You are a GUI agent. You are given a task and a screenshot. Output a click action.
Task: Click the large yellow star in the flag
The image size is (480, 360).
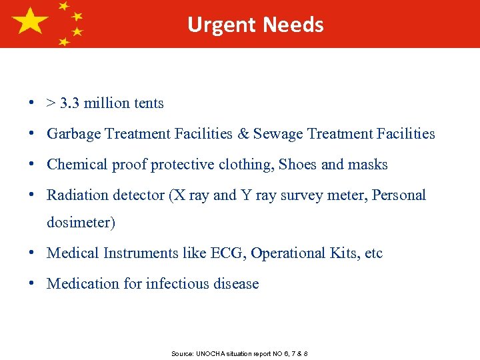click(30, 21)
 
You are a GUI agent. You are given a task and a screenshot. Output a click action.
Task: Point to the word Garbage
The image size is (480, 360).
click(74, 134)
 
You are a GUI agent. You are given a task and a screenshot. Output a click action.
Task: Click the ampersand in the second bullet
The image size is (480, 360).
click(242, 134)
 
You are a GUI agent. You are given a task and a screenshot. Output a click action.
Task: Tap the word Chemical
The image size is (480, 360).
click(75, 165)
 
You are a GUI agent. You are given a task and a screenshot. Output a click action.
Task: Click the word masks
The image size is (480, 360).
click(369, 165)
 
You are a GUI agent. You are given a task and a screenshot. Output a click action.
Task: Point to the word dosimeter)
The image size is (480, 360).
click(81, 223)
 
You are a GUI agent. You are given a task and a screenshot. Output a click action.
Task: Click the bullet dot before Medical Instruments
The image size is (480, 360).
click(32, 253)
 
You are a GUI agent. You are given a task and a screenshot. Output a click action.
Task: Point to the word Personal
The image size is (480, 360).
click(399, 195)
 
